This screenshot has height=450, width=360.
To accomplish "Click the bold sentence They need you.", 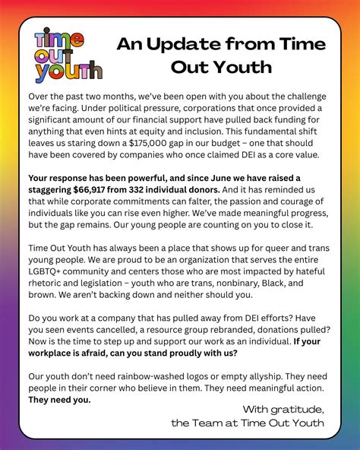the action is click(59, 400).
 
